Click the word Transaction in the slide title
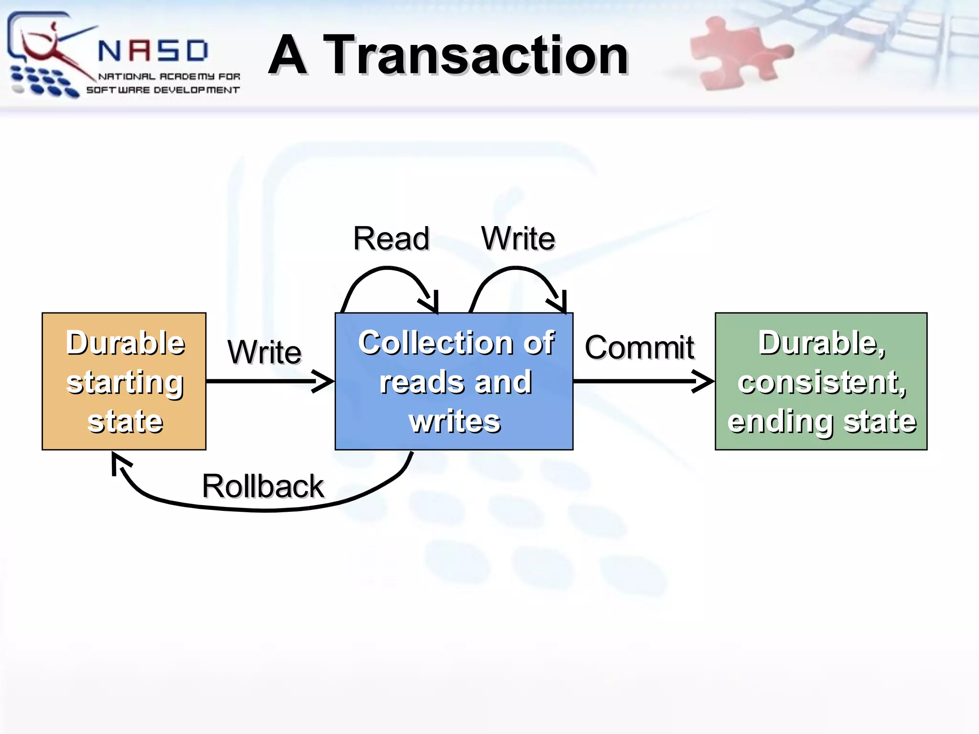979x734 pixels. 476,56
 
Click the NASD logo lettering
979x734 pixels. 153,51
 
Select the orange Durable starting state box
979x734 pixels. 124,381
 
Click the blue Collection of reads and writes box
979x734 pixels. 454,381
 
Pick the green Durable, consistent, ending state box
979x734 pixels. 821,381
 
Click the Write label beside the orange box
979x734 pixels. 264,352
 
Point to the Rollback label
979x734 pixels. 263,486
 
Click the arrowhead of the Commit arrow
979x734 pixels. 706,381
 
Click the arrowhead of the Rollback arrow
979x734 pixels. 118,462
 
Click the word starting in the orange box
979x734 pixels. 125,382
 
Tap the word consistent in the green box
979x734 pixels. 821,382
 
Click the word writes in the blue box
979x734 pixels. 455,421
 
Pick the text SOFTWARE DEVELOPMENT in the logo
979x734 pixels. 163,90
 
